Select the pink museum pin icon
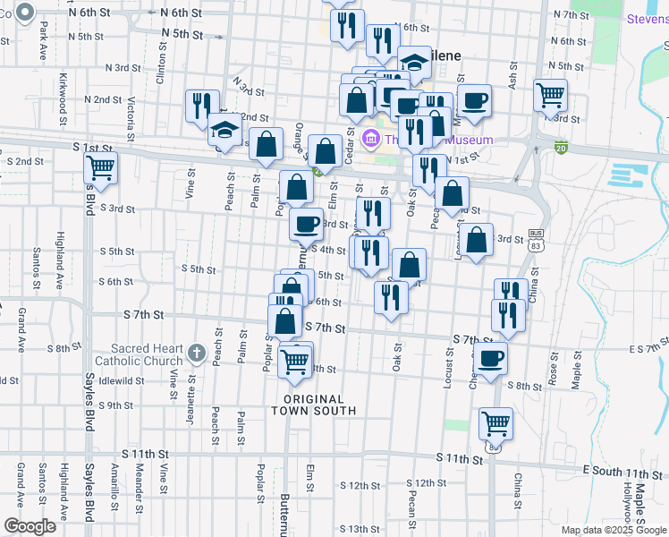(373, 139)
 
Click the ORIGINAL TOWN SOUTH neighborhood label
(319, 405)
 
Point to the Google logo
(30, 525)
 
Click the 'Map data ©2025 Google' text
(614, 530)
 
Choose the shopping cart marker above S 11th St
(495, 422)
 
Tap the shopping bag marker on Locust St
(478, 240)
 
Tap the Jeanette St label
(191, 389)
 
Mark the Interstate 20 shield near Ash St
(561, 147)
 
